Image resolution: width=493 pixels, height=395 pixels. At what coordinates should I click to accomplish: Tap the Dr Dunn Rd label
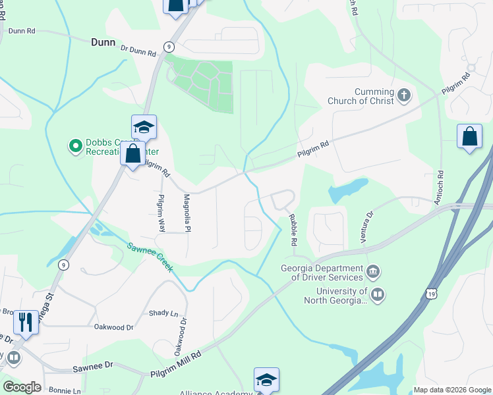point(136,49)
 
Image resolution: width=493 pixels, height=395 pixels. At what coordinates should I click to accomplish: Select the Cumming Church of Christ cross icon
point(404,97)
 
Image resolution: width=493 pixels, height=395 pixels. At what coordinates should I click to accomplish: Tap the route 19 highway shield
point(430,292)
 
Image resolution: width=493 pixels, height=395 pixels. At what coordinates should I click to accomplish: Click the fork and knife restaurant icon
point(25,321)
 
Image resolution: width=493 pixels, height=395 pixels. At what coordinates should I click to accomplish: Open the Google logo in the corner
point(21,387)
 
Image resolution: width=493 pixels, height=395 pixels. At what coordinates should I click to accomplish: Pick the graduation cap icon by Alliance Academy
point(266,380)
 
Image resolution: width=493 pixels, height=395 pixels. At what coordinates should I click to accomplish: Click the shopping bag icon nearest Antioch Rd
point(469,136)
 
